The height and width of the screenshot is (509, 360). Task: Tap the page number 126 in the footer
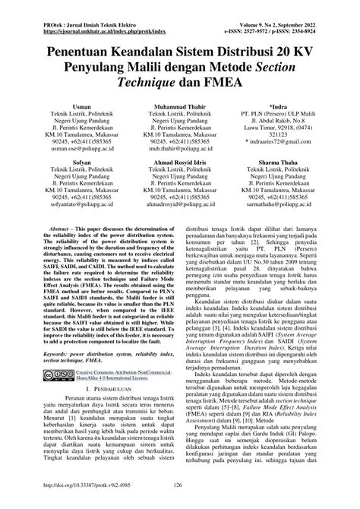click(180, 484)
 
